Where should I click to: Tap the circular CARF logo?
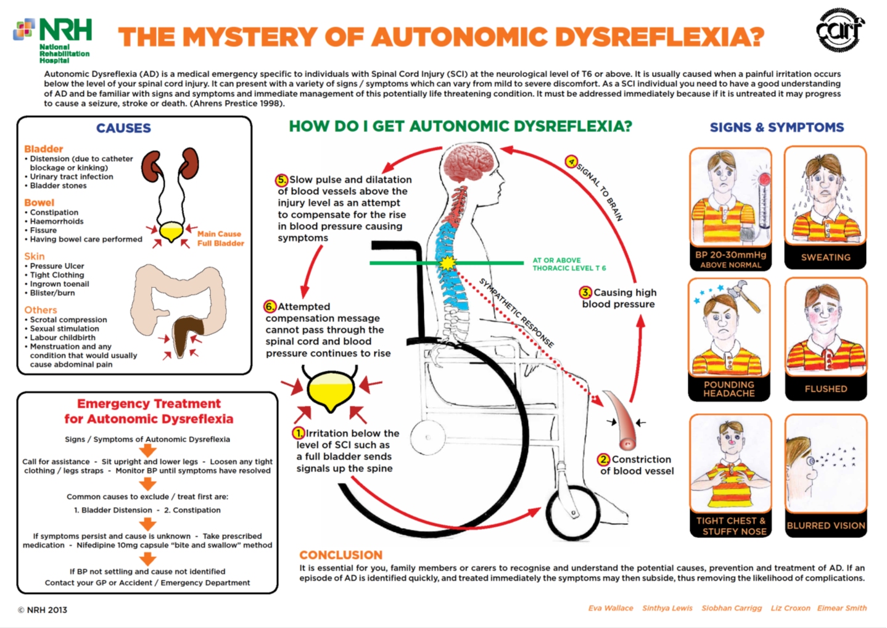[840, 30]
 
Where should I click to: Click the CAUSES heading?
[123, 128]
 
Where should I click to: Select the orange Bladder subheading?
[43, 149]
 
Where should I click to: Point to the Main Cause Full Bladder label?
[220, 239]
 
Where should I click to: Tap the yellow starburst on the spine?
[448, 263]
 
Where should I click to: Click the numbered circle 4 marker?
[572, 162]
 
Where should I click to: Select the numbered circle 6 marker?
[270, 307]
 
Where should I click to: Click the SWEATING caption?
[825, 257]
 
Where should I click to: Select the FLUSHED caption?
[825, 389]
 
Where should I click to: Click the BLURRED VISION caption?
[825, 526]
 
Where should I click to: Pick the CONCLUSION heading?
[340, 555]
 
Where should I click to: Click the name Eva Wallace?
[610, 608]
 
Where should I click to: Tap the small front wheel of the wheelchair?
[573, 512]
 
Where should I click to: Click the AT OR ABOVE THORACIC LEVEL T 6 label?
[569, 264]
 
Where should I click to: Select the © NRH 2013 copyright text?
[42, 610]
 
